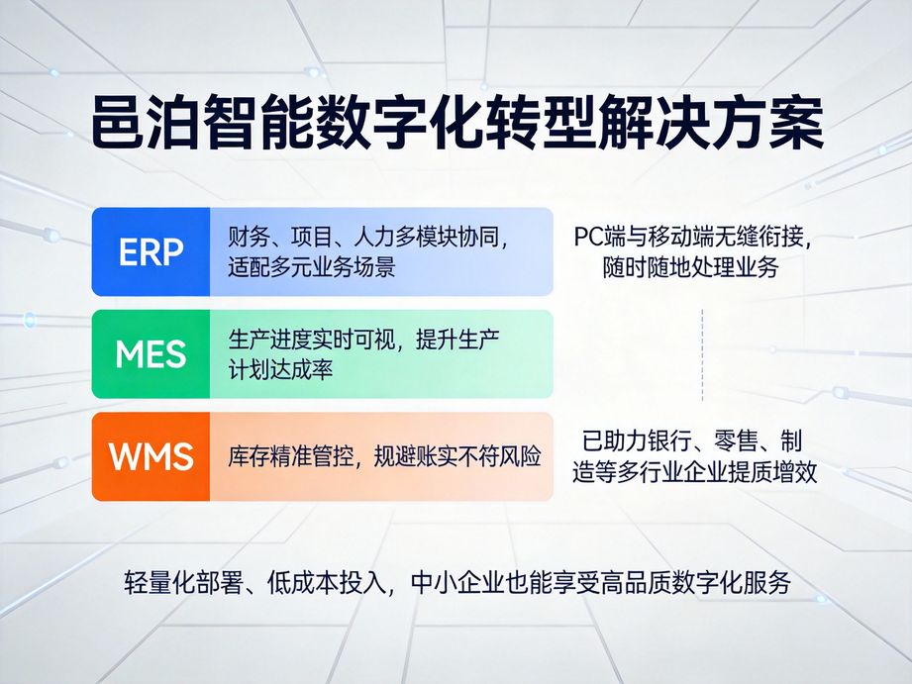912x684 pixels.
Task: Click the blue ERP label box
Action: pyautogui.click(x=151, y=251)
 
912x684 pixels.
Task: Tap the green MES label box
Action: pyautogui.click(x=151, y=353)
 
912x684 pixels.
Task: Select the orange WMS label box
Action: pyautogui.click(x=151, y=456)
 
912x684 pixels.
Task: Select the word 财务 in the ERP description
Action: pyautogui.click(x=246, y=239)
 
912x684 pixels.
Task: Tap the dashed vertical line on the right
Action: pyautogui.click(x=702, y=354)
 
